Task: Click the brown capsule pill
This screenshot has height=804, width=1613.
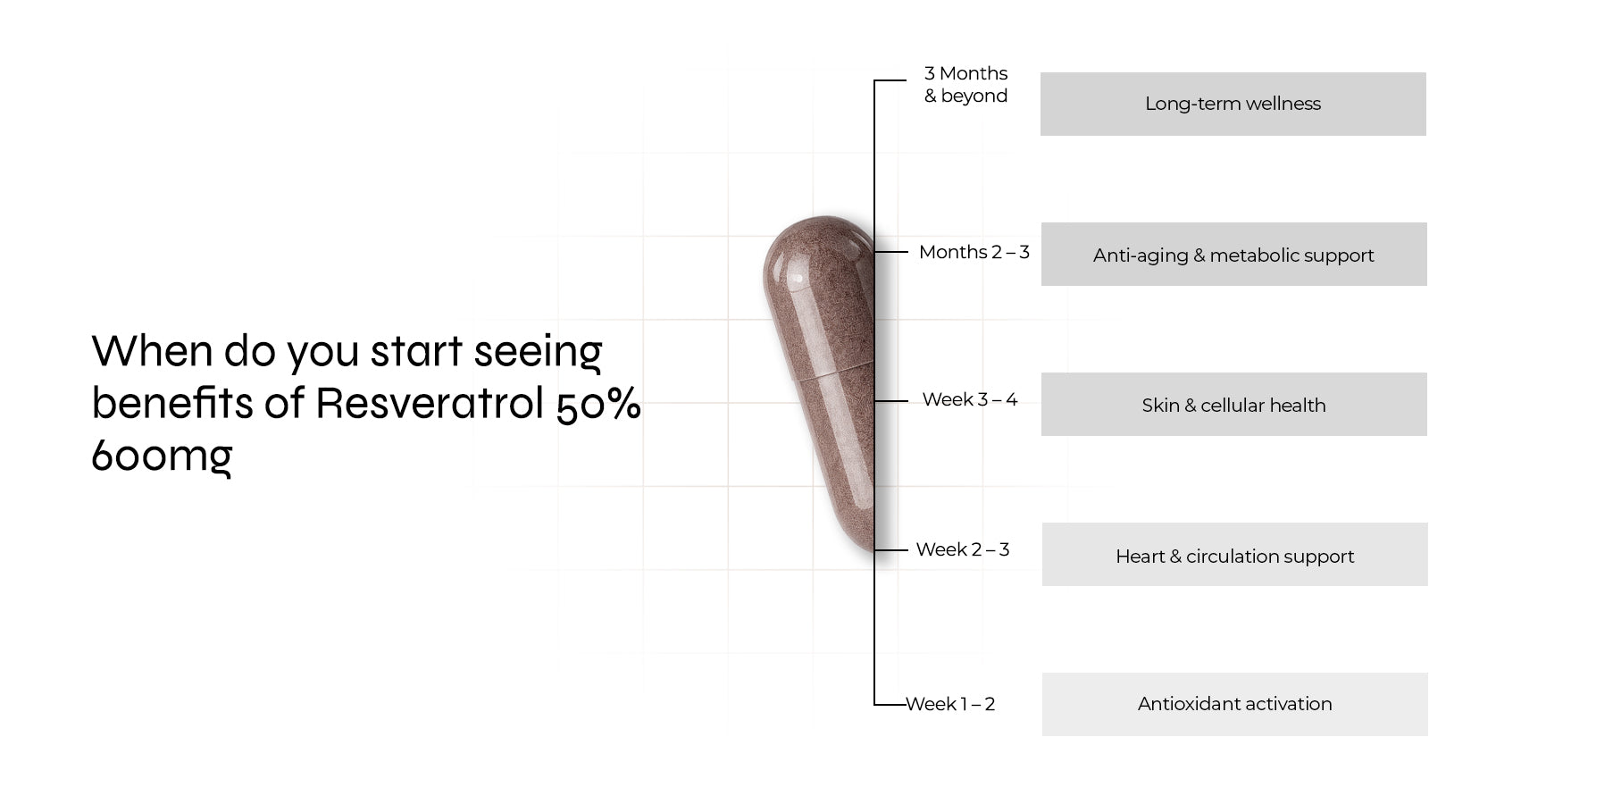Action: point(819,384)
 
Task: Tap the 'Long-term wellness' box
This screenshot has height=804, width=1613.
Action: point(1233,104)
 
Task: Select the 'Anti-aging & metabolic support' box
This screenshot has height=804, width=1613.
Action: point(1233,255)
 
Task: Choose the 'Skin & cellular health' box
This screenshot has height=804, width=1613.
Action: point(1233,405)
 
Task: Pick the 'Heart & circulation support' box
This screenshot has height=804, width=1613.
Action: point(1234,555)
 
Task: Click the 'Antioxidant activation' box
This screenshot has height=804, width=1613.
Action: point(1234,704)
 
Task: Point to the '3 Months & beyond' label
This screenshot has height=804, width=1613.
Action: point(965,85)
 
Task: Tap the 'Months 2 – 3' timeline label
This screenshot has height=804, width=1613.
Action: point(974,253)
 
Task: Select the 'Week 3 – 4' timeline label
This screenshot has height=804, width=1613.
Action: point(969,399)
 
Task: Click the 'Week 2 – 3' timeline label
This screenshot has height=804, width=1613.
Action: point(962,549)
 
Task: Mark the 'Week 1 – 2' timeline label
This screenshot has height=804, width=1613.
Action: point(950,704)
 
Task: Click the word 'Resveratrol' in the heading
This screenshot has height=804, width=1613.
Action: point(430,403)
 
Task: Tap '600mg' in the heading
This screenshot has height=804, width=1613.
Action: point(162,456)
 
